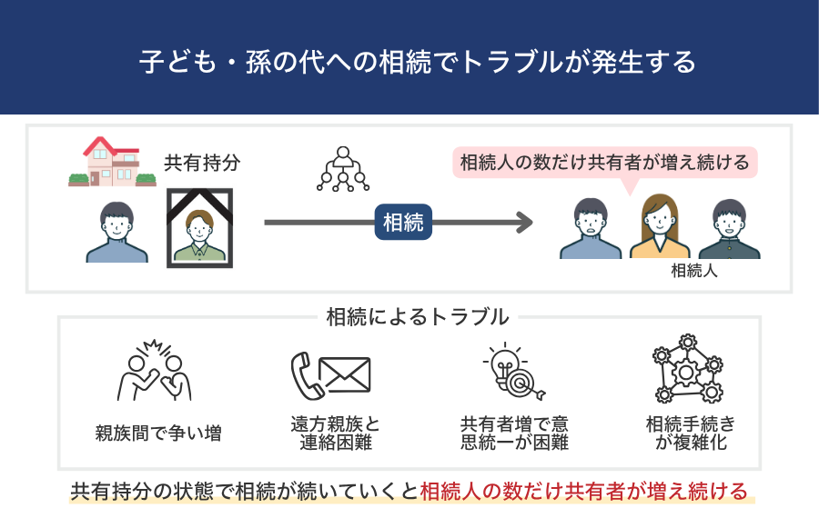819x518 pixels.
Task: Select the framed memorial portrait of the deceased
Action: pos(199,228)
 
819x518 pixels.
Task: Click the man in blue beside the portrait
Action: pos(116,232)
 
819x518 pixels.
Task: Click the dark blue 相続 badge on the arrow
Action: pos(403,222)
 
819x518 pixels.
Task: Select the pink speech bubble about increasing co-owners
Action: pos(605,164)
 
